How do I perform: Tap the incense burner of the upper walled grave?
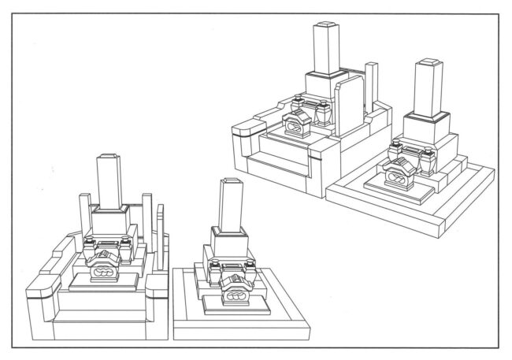(296, 124)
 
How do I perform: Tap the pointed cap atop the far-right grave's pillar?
(431, 60)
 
